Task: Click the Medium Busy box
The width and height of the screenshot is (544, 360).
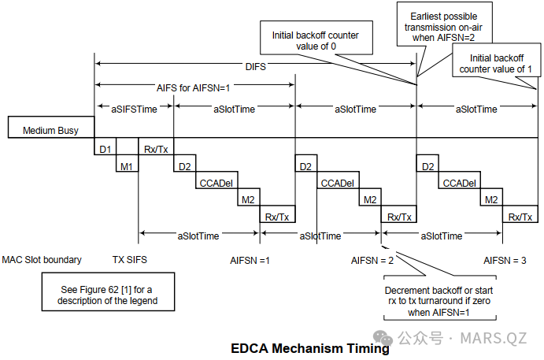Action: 50,130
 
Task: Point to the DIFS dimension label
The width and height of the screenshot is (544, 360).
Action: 254,67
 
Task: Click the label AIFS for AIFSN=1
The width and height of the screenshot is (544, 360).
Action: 194,87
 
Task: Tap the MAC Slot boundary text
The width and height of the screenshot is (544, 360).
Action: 42,258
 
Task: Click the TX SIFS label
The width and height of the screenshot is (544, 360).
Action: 130,258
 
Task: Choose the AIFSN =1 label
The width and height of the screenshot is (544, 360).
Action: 250,258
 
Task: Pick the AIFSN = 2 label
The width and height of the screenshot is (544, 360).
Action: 372,258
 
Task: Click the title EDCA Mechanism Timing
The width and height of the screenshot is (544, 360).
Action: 310,347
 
